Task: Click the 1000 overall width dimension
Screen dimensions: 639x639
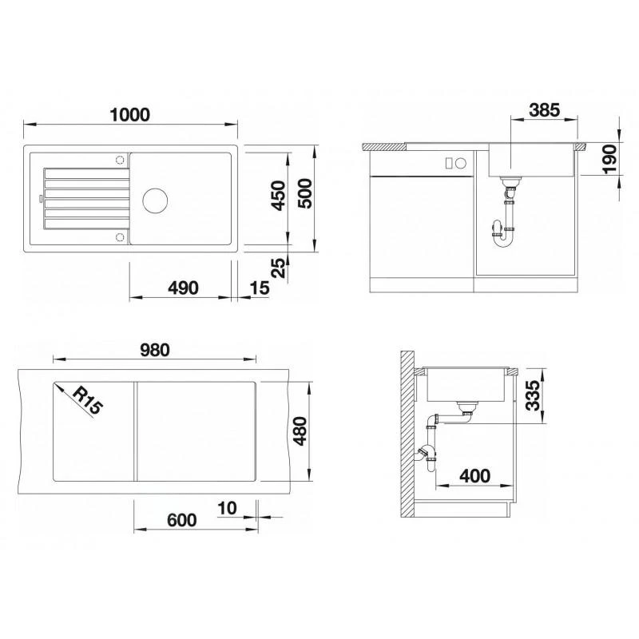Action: click(x=130, y=113)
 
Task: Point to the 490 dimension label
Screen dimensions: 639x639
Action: click(x=182, y=288)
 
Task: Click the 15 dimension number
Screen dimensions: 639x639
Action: click(x=259, y=288)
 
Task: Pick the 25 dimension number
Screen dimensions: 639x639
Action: click(x=278, y=268)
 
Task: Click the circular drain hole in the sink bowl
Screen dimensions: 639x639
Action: click(x=154, y=198)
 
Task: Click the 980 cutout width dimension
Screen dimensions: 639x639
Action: click(x=155, y=348)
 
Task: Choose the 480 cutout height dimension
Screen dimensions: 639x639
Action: click(x=302, y=431)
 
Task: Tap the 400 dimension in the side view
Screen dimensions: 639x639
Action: click(x=474, y=476)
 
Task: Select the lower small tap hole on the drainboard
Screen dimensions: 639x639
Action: click(x=120, y=236)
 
